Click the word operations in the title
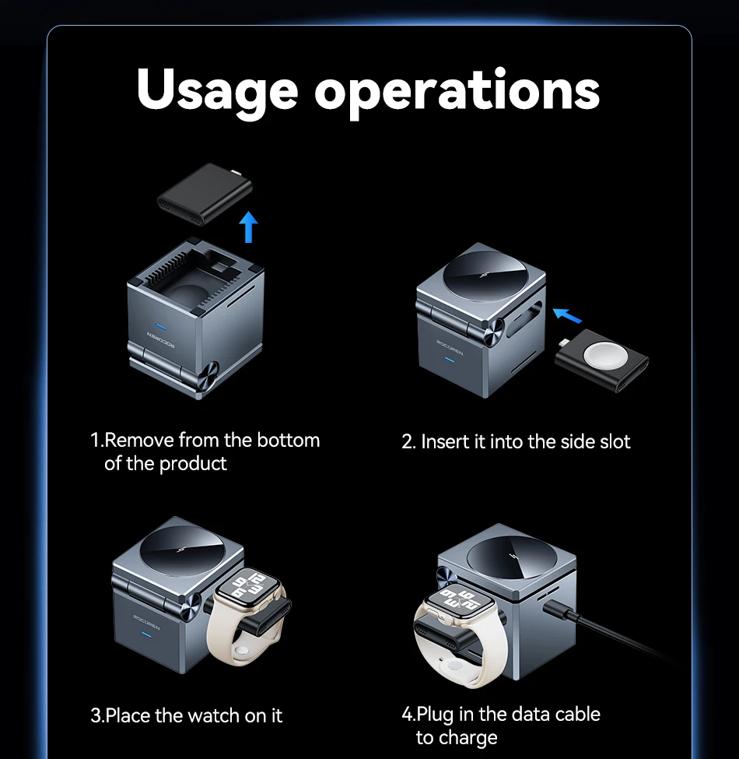point(457,92)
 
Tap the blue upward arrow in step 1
point(249,227)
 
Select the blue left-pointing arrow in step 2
point(567,315)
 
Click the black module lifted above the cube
point(205,193)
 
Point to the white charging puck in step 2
point(601,357)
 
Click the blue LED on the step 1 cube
point(162,327)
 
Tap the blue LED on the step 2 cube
point(450,360)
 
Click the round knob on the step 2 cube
point(492,332)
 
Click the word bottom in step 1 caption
point(289,441)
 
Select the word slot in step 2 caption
point(612,441)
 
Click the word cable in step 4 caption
point(577,715)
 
